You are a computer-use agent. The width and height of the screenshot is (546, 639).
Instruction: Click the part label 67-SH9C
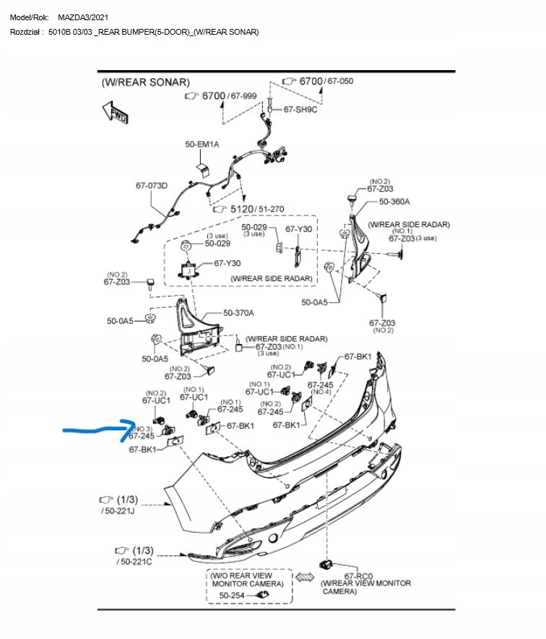(x=300, y=109)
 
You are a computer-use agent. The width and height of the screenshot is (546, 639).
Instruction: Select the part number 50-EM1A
(x=201, y=145)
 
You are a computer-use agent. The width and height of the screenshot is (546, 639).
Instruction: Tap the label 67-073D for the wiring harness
(x=151, y=186)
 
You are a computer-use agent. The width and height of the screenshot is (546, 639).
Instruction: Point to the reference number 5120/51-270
(x=257, y=209)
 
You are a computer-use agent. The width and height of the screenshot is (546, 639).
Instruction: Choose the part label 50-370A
(x=239, y=313)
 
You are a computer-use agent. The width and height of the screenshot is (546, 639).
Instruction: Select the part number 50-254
(x=233, y=595)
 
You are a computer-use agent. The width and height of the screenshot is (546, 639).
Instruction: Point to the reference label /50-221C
(x=134, y=561)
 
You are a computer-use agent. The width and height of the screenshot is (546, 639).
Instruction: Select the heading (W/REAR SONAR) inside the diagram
(x=146, y=83)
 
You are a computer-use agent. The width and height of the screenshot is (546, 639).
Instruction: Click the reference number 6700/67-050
(x=326, y=81)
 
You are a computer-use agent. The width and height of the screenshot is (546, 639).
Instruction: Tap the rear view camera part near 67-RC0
(x=325, y=565)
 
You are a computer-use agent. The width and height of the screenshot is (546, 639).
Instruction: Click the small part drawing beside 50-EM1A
(x=203, y=169)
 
